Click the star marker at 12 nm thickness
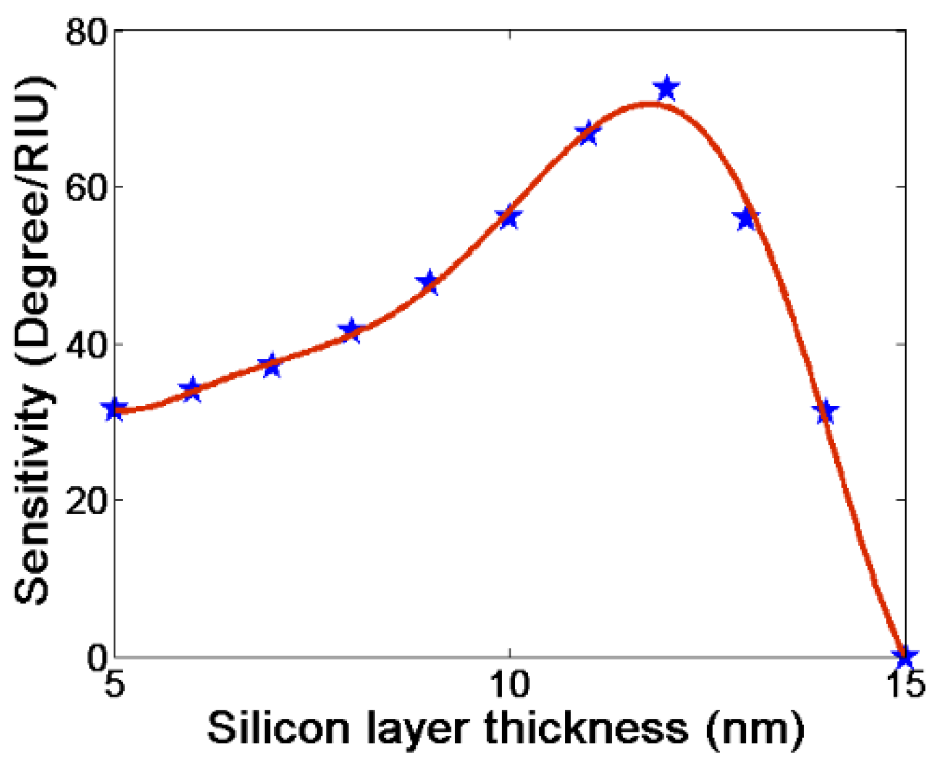point(666,88)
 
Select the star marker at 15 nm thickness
point(904,657)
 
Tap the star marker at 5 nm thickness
point(114,409)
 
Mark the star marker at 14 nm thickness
point(826,412)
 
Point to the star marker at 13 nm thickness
point(747,219)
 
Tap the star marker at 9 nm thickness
point(429,282)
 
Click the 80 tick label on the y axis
point(86,31)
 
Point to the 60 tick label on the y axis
point(86,187)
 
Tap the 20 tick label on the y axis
point(86,500)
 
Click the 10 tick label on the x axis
point(509,684)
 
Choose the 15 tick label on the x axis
point(906,684)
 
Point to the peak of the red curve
point(648,103)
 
